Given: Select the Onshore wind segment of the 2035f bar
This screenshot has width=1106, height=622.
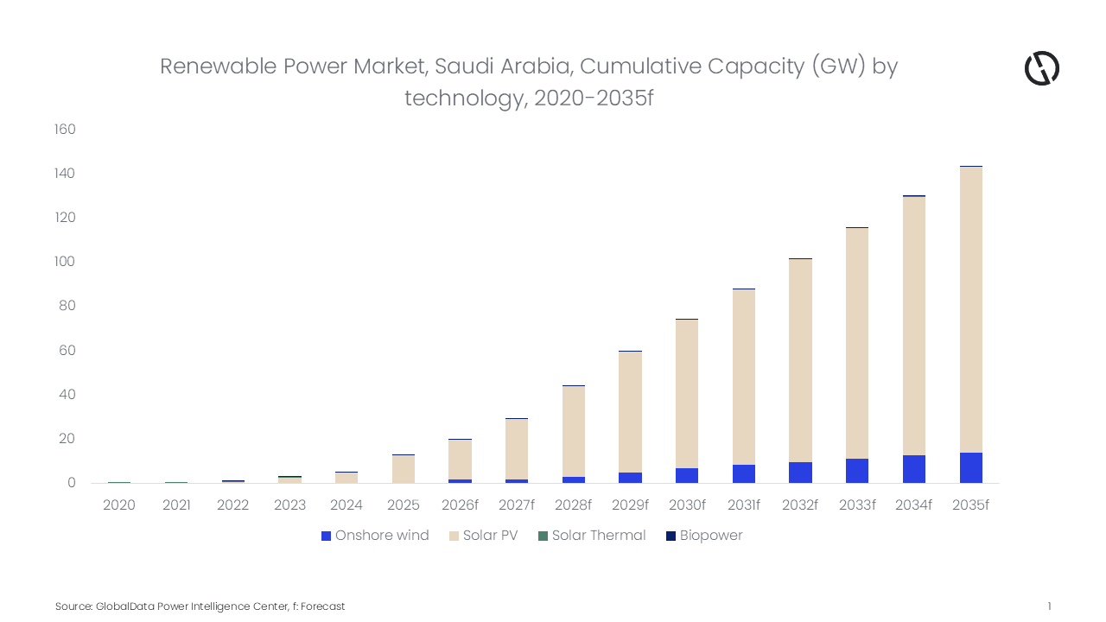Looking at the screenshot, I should pyautogui.click(x=970, y=467).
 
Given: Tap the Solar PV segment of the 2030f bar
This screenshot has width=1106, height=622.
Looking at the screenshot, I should pyautogui.click(x=687, y=394).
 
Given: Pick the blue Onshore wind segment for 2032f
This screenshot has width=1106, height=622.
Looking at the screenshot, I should pyautogui.click(x=800, y=473).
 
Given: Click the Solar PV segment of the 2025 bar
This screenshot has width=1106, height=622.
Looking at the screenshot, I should pyautogui.click(x=403, y=469).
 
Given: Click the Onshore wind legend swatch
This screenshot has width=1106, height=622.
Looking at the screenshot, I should pyautogui.click(x=326, y=536).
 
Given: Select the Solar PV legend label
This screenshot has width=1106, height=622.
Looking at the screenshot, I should pyautogui.click(x=490, y=536).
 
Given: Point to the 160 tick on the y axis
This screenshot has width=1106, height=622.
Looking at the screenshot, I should pyautogui.click(x=65, y=130).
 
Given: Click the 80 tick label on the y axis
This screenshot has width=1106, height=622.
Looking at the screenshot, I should pyautogui.click(x=67, y=306).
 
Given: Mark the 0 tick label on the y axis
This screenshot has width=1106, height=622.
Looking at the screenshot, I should pyautogui.click(x=72, y=483).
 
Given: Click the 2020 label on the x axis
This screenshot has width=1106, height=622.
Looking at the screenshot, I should pyautogui.click(x=119, y=505).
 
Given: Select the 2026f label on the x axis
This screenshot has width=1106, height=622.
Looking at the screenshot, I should pyautogui.click(x=460, y=505).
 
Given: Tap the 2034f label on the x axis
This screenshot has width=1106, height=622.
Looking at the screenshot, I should pyautogui.click(x=913, y=505).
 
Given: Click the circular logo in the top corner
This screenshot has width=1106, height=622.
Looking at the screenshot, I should pyautogui.click(x=1041, y=68).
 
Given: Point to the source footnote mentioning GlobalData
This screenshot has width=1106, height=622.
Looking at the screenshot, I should pyautogui.click(x=200, y=606).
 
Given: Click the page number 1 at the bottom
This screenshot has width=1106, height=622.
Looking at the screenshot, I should pyautogui.click(x=1049, y=606).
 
